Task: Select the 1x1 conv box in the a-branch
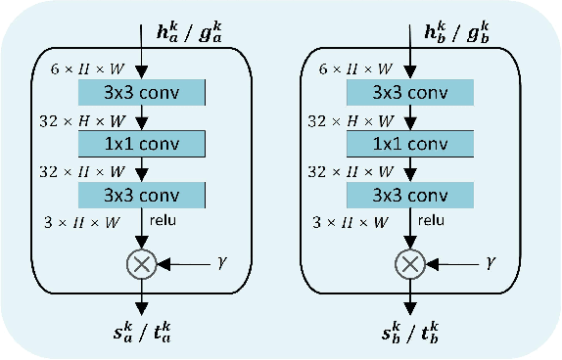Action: tap(142, 143)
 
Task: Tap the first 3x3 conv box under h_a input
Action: tap(142, 93)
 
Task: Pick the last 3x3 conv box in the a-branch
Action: tap(142, 194)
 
